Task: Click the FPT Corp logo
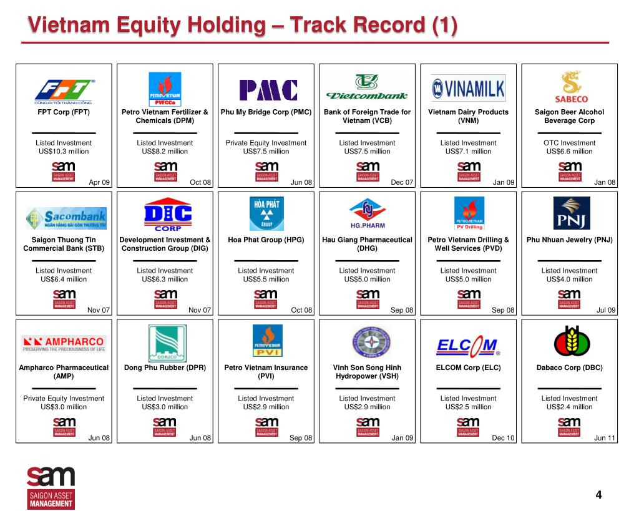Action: coord(64,91)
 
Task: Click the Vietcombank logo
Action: coord(367,88)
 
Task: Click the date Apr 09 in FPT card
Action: coord(99,182)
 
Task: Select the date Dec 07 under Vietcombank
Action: coord(402,182)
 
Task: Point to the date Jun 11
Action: coord(605,438)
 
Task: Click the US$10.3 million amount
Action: coord(64,152)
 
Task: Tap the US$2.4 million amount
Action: coord(569,407)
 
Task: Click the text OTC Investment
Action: coord(569,143)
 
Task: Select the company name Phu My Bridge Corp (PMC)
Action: coord(266,112)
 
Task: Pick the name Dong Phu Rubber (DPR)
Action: coord(165,367)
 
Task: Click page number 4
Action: coord(599,495)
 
